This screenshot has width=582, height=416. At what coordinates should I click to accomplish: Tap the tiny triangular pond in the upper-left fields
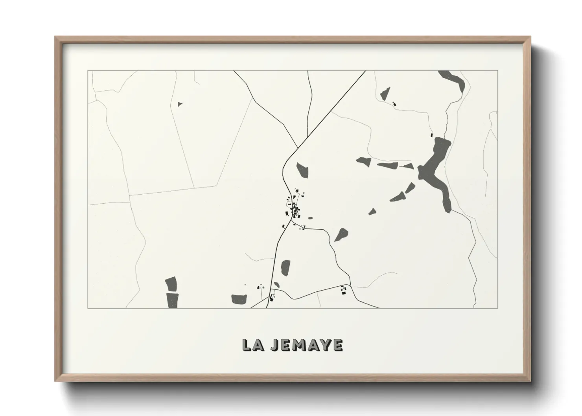180,104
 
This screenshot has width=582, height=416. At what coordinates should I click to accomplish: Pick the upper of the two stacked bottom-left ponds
171,284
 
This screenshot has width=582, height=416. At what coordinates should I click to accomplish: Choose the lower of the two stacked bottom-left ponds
172,301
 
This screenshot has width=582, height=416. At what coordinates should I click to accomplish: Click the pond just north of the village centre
302,170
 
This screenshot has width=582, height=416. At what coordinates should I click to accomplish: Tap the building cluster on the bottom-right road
344,290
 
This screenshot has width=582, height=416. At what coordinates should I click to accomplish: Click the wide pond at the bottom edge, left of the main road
238,300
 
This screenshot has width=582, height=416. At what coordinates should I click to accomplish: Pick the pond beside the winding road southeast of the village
341,235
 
